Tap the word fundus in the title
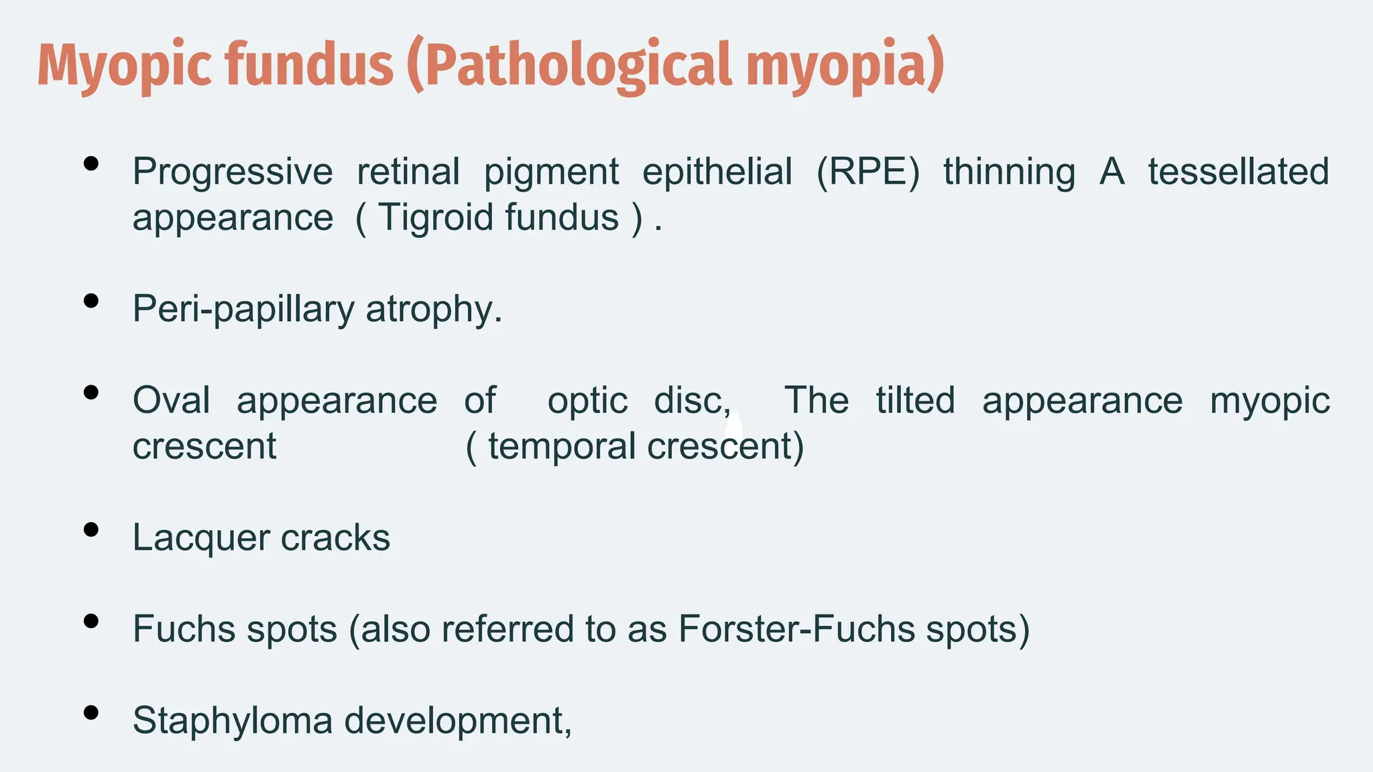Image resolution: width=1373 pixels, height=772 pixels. pos(309,65)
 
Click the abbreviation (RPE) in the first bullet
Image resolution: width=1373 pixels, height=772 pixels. pos(868,172)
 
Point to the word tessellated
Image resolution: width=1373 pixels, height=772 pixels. pos(1238,172)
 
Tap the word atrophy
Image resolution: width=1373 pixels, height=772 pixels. pos(433,309)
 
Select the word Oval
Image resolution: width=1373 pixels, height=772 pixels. pos(172,401)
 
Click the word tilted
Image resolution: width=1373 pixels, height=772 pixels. pos(915,401)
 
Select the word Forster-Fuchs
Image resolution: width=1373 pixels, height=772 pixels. pos(796,629)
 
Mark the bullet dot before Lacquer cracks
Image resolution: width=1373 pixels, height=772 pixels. pos(91,530)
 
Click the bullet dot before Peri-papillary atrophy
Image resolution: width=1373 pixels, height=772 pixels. pos(91,302)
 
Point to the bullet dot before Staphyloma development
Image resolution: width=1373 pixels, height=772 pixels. pos(91,713)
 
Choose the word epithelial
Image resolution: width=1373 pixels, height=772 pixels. pos(717,172)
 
